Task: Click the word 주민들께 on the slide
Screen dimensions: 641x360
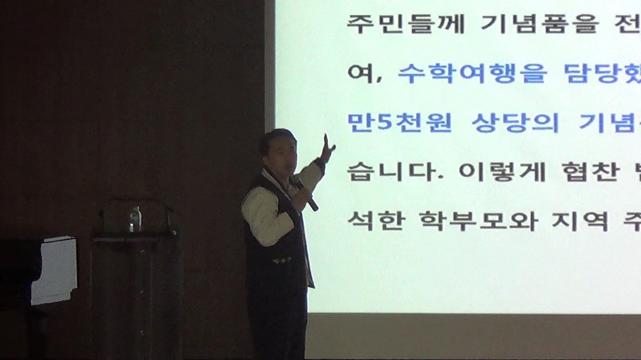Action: [405, 23]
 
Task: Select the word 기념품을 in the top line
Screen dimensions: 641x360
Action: [539, 23]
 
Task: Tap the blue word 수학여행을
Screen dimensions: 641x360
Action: [472, 74]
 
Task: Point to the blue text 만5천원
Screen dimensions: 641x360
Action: [399, 122]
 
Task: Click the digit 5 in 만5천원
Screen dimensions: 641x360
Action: [384, 122]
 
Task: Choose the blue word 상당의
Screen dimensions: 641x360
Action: [515, 122]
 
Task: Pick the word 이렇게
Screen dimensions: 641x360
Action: [503, 171]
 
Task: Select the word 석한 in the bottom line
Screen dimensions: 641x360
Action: [376, 221]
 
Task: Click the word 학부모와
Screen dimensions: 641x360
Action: [478, 221]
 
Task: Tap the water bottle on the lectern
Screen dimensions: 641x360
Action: [135, 219]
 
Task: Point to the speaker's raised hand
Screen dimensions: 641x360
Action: [327, 149]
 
